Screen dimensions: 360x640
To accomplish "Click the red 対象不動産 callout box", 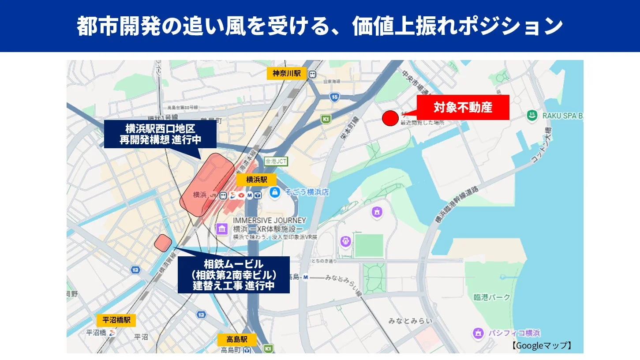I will [x=463, y=107].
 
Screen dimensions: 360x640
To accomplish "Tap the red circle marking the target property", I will [x=390, y=118].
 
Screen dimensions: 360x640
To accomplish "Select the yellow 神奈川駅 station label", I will [x=286, y=73].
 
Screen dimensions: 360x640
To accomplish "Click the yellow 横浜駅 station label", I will [x=256, y=180].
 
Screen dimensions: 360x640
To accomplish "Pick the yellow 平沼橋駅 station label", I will [x=116, y=320].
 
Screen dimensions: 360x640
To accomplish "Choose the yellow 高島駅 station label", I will [x=237, y=339].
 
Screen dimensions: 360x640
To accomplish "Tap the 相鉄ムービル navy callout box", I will [x=233, y=274].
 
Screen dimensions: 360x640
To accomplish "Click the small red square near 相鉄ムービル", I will [x=163, y=243].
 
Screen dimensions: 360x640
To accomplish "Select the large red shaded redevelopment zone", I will [x=207, y=184].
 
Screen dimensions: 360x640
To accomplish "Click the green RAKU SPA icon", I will [x=532, y=116].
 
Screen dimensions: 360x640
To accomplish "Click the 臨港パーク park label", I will [x=492, y=297].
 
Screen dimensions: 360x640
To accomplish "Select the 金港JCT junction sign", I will [x=276, y=161].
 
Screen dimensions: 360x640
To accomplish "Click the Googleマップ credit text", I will [x=542, y=345].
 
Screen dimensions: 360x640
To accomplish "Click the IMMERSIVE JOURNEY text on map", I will [x=269, y=220].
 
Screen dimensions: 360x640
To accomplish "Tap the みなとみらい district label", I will [x=410, y=321].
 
